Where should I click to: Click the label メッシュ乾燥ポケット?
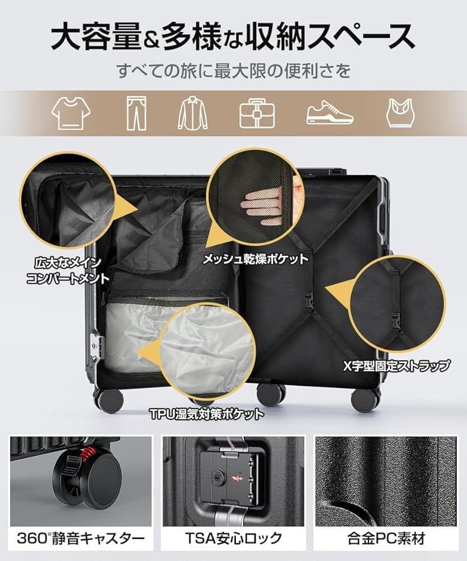(255, 259)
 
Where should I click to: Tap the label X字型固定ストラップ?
(396, 366)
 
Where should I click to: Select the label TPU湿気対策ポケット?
(207, 415)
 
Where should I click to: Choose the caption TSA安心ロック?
(234, 539)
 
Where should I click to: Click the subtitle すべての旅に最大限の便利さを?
(233, 71)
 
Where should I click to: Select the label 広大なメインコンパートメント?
(67, 270)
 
